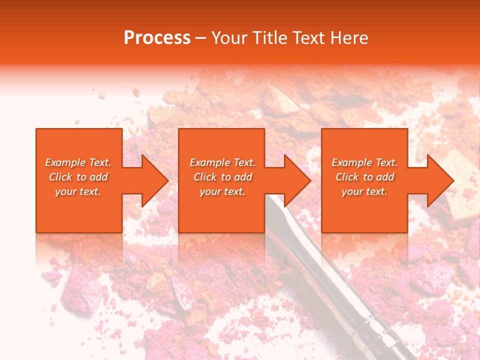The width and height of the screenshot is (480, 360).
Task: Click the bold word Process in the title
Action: coord(157,37)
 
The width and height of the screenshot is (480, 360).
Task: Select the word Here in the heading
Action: coord(350,37)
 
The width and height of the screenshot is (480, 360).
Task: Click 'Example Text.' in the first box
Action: coord(78,162)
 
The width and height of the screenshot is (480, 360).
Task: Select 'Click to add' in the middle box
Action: coord(222,177)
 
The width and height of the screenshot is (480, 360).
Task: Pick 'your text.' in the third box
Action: coord(364,191)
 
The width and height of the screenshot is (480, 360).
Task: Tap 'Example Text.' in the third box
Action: coord(364,162)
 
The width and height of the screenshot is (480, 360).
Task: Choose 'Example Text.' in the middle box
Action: coord(222,162)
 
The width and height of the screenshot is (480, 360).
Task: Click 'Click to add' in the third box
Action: coord(364,177)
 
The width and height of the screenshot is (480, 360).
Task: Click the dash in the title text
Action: coord(201,38)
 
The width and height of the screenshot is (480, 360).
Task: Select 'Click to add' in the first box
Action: coord(78,177)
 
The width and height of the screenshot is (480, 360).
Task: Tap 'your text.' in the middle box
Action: coord(222,191)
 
